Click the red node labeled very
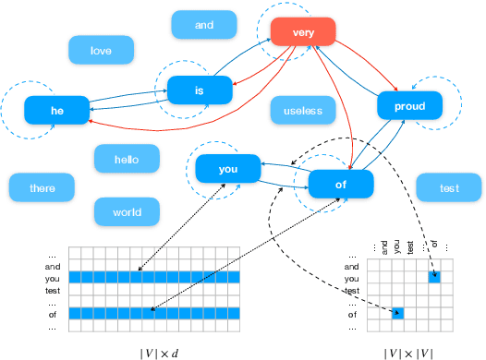click(x=302, y=32)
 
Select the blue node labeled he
click(x=57, y=112)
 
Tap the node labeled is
click(x=200, y=90)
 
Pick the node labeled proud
click(x=409, y=106)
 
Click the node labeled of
click(x=341, y=184)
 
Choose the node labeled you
click(x=227, y=169)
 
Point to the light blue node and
click(x=204, y=25)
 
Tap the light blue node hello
click(x=127, y=159)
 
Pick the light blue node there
click(x=43, y=188)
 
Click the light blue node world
click(x=127, y=211)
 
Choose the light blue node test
click(x=449, y=188)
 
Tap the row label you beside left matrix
click(x=53, y=278)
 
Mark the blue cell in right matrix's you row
click(x=435, y=278)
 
